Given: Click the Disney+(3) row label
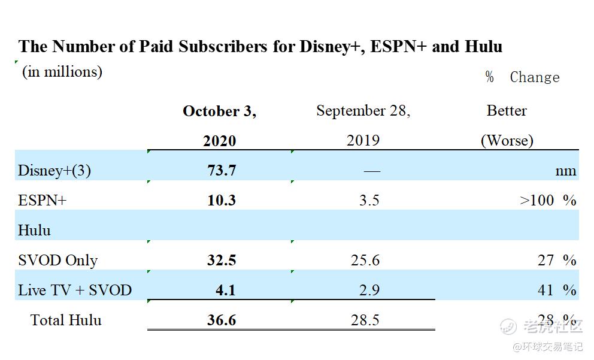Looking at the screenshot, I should tap(54, 171).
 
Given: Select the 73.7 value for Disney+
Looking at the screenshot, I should tap(222, 170).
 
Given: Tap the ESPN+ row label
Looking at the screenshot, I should tap(42, 200).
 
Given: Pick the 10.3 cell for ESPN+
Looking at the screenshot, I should tap(222, 200).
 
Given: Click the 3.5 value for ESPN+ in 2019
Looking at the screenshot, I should tap(369, 200).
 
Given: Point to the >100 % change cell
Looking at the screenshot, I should tap(548, 200).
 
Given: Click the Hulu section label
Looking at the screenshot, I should tap(34, 230).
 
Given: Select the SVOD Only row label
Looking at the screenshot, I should tap(57, 260).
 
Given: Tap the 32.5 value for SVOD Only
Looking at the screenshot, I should tap(222, 260).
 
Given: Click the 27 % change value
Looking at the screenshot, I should tap(556, 260).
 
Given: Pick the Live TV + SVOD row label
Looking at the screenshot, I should tap(74, 290).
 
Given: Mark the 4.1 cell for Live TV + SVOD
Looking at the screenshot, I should tap(226, 290).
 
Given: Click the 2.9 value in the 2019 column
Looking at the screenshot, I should tap(369, 290).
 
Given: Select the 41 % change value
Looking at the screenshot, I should tap(556, 290).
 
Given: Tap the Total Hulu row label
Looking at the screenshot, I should tap(66, 320).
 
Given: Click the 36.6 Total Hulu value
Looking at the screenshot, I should tap(222, 320).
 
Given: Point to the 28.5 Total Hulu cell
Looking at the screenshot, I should tap(365, 320).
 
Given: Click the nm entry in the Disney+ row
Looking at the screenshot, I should tap(565, 171).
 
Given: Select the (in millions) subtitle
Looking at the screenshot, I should tap(62, 72).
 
